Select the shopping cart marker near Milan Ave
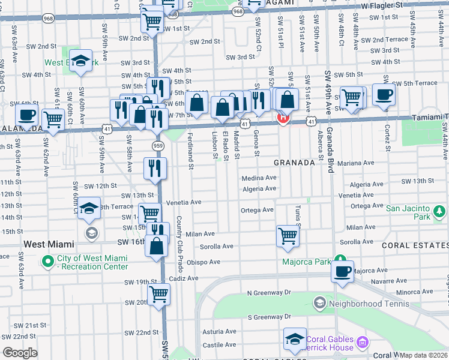coord(288,235)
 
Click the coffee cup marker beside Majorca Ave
coord(342,271)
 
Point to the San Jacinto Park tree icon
coord(439,211)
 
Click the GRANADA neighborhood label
coord(294,163)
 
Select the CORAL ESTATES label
coord(415,245)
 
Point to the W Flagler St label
coord(382,5)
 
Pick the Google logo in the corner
coord(20,352)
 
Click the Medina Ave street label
coord(259,178)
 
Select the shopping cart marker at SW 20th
coord(159,294)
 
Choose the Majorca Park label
coord(307,262)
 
